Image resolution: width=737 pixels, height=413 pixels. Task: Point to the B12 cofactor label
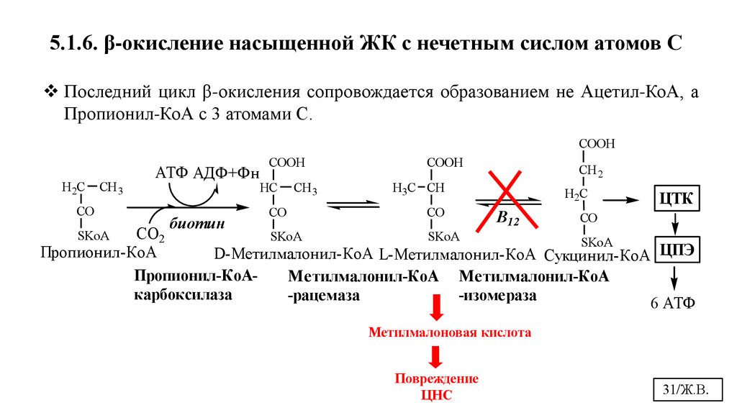507,219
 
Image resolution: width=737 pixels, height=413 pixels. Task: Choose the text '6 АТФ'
673,302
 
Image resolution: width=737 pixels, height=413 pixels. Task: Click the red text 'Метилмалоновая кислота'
450,333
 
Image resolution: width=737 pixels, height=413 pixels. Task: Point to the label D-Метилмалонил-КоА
293,253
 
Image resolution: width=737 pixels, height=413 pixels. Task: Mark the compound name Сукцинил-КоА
597,255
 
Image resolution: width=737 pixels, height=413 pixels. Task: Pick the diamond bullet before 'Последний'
51,93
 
